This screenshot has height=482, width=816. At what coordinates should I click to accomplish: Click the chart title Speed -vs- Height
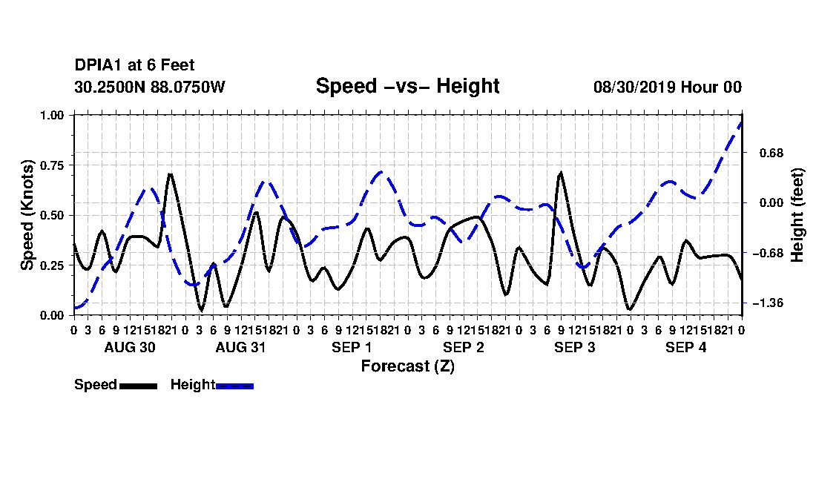point(407,86)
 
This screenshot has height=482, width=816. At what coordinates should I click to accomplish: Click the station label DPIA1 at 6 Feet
point(134,65)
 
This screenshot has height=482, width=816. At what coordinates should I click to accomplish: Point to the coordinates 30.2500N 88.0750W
point(150,87)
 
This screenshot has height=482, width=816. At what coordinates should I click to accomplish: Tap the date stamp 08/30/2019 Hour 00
point(668,87)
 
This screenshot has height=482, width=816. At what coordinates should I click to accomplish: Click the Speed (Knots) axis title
point(27,215)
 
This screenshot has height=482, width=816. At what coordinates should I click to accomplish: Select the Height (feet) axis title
point(797,215)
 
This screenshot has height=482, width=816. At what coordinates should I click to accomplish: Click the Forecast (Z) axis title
point(407,366)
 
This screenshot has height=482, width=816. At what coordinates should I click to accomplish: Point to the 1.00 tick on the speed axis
point(52,115)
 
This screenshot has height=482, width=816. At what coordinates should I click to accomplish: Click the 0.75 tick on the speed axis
point(52,165)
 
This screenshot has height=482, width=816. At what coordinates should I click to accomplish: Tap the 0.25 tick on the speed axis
point(52,265)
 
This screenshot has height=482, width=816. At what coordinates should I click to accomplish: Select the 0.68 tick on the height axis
point(771,153)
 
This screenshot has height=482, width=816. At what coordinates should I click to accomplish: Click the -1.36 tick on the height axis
point(768,303)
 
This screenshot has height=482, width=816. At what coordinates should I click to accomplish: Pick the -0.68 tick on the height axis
point(768,253)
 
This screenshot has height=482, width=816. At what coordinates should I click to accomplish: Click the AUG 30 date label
point(130,347)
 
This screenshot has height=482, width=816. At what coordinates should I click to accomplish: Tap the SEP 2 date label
point(463,347)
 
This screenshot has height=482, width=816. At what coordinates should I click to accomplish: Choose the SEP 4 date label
point(686,347)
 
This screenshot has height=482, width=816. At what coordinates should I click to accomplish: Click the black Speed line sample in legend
point(138,386)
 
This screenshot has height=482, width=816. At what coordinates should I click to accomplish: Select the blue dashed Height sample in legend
point(234,386)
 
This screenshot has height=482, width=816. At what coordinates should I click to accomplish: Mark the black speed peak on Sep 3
point(561,172)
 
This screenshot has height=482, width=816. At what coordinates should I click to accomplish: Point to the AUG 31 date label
point(240,347)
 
